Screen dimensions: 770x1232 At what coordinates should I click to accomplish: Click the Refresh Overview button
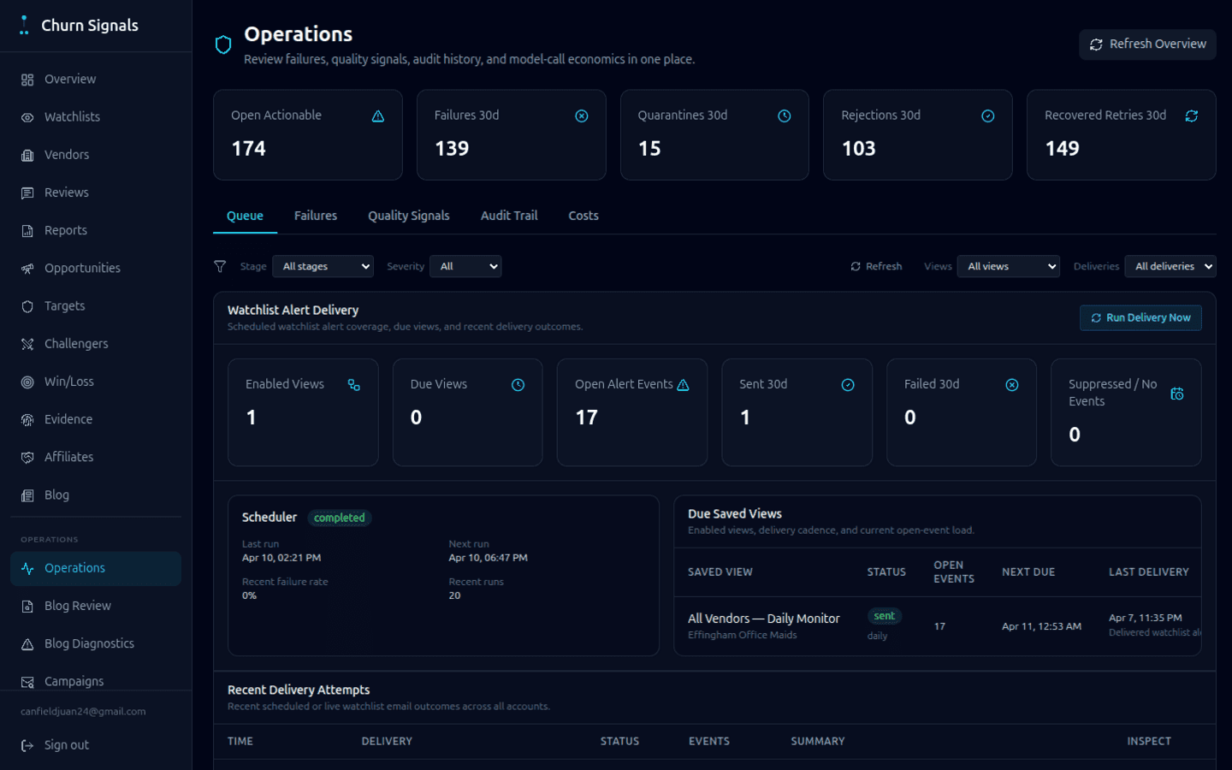(1147, 44)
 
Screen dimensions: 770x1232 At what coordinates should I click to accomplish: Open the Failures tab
(315, 216)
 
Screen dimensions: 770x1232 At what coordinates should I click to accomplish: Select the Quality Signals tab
(408, 216)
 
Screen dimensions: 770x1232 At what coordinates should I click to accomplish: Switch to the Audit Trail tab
(509, 216)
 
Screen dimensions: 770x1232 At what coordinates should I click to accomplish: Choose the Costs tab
(583, 216)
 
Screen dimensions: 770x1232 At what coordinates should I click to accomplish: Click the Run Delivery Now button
(1140, 317)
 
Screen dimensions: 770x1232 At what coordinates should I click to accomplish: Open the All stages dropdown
(323, 266)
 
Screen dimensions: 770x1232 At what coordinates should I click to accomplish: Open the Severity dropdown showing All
(465, 266)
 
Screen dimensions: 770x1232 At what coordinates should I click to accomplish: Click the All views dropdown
(1008, 266)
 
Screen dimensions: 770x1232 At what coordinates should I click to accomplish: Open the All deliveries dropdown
(1170, 266)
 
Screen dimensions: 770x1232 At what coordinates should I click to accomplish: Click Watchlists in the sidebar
(72, 117)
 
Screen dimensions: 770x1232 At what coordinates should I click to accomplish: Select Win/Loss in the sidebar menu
(68, 382)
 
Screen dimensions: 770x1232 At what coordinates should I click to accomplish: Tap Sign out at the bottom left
(66, 745)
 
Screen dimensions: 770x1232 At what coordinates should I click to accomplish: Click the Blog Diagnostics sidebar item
(89, 643)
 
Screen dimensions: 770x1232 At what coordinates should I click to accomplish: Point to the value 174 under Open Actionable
(249, 149)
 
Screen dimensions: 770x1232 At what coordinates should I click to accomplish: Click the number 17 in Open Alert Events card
(586, 418)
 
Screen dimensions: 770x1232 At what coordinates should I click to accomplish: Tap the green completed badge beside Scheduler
(339, 518)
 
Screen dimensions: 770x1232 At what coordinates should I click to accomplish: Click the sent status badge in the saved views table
(884, 616)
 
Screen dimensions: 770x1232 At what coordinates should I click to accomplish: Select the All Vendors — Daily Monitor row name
(763, 619)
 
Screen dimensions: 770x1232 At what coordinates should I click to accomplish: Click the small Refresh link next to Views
(876, 266)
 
